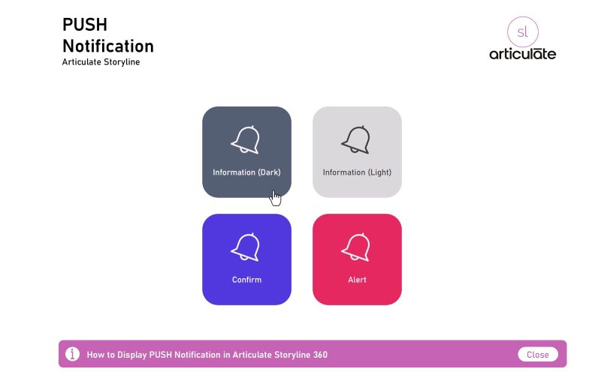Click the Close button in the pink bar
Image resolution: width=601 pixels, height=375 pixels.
(538, 355)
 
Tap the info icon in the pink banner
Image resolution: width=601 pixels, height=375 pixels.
(72, 354)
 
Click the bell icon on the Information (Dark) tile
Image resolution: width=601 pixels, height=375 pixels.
(246, 139)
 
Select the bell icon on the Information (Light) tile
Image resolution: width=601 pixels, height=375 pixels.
(356, 139)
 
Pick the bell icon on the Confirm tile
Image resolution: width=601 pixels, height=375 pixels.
(246, 247)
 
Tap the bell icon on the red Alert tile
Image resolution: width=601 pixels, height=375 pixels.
(356, 247)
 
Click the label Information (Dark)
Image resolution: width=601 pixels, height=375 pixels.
(246, 172)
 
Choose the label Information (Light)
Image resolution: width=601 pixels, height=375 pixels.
(357, 172)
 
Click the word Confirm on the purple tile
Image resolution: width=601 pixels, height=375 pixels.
(246, 280)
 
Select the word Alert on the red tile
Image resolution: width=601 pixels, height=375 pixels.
(357, 280)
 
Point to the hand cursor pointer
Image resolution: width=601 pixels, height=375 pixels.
(276, 197)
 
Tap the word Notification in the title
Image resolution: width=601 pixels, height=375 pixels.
(107, 46)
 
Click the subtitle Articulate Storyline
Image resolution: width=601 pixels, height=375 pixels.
(101, 62)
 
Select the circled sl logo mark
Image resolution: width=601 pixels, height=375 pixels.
(523, 31)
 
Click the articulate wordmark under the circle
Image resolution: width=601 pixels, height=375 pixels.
(523, 53)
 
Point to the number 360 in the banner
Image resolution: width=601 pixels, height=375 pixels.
(319, 355)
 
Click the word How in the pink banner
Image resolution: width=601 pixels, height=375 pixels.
(95, 355)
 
